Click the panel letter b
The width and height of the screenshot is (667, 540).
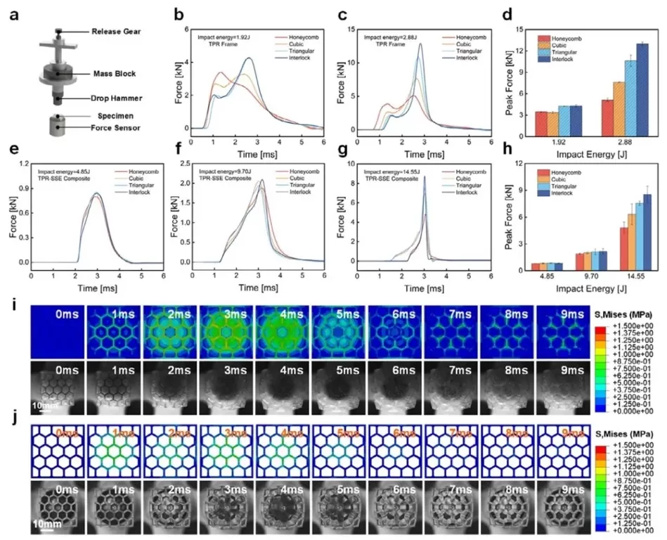coord(179,14)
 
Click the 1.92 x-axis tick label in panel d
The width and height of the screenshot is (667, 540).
coord(555,143)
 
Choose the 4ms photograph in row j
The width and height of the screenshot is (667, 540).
coord(282,508)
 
